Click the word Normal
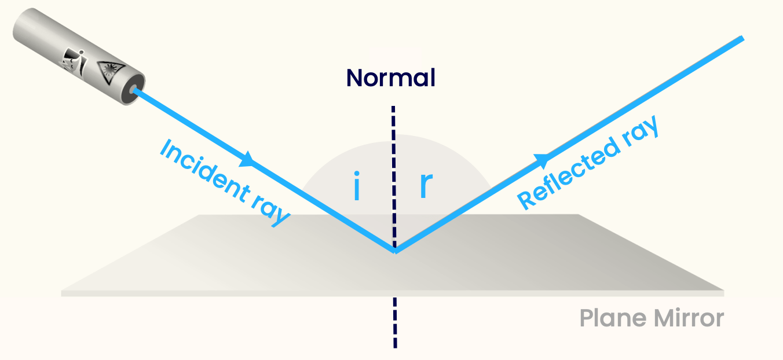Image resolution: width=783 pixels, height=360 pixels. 390,78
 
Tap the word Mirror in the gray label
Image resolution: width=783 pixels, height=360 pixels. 689,318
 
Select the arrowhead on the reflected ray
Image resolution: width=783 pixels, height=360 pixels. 542,159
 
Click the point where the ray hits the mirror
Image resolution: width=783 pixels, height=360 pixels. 395,251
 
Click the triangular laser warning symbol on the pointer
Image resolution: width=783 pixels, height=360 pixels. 108,72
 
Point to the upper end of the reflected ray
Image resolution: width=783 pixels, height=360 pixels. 741,38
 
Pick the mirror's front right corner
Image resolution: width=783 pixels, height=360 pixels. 723,291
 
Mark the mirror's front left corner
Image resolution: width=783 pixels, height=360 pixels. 62,292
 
